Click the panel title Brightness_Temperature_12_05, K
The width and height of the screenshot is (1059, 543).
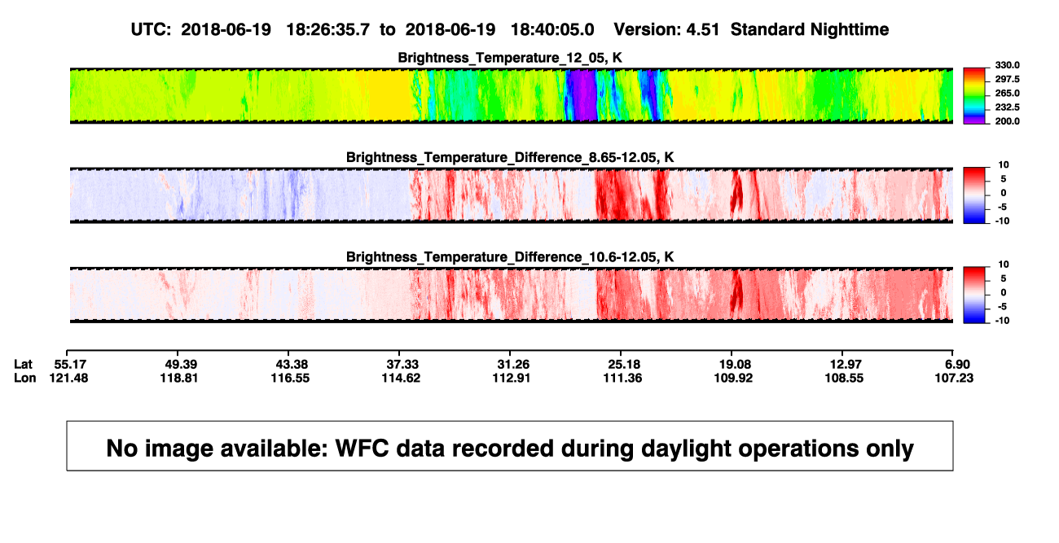[x=510, y=58]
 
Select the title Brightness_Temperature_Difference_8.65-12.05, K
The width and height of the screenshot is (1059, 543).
[x=510, y=157]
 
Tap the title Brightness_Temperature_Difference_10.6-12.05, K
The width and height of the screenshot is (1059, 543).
[x=510, y=257]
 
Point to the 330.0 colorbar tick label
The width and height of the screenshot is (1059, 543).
[x=1007, y=65]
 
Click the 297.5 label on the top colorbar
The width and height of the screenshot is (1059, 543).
[x=1007, y=79]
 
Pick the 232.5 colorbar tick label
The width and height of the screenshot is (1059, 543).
[x=1007, y=107]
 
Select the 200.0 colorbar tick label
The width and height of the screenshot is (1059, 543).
[x=1007, y=121]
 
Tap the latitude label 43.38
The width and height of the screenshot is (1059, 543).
[x=292, y=365]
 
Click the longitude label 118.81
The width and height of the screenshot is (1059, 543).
[x=178, y=378]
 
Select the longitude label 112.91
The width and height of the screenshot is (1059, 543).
[x=511, y=378]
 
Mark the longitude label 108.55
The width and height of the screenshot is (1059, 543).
[x=844, y=378]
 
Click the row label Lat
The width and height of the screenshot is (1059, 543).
[x=23, y=365]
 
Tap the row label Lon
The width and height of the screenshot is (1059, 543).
[x=24, y=378]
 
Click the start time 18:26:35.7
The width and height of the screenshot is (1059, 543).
[x=327, y=30]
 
